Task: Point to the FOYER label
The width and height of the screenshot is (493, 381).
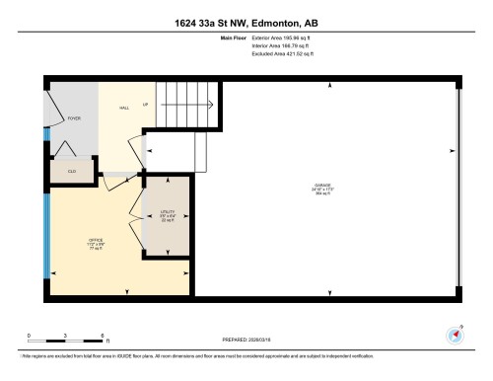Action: coord(73,118)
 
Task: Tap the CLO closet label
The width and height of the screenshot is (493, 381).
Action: coord(71,171)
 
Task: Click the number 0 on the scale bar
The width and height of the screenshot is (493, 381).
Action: coord(30,336)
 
